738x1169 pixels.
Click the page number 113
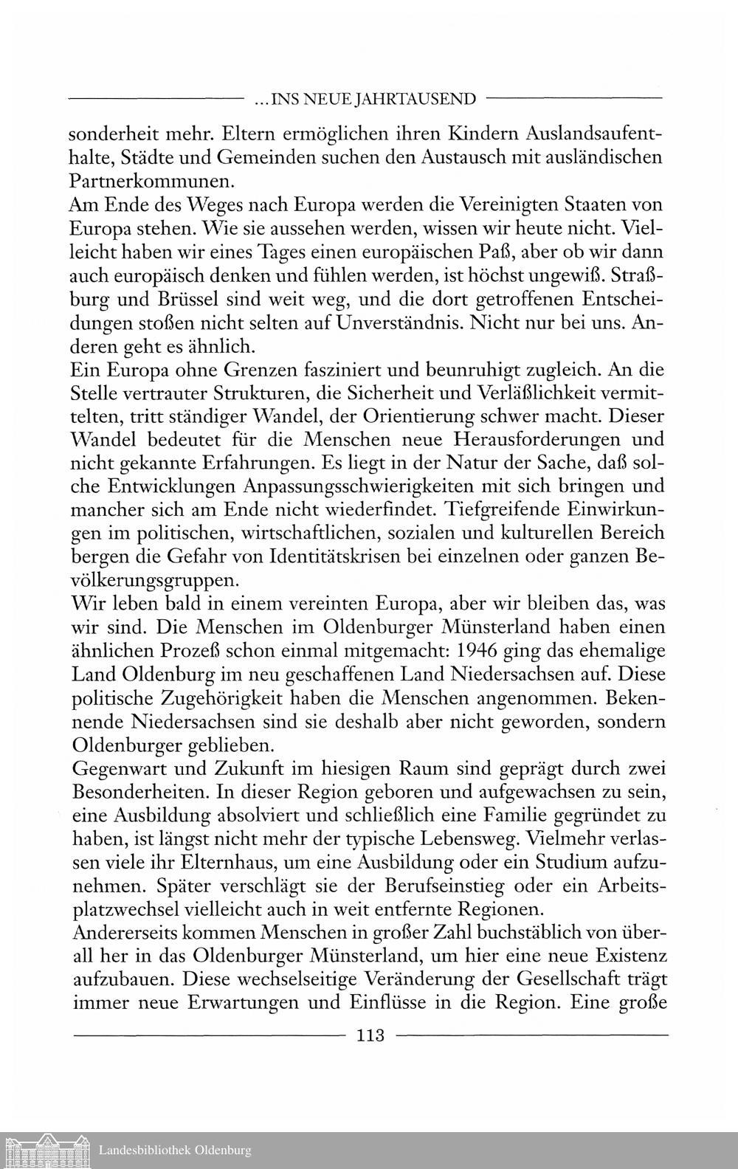(370, 1035)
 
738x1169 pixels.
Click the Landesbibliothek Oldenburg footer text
(174, 1150)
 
